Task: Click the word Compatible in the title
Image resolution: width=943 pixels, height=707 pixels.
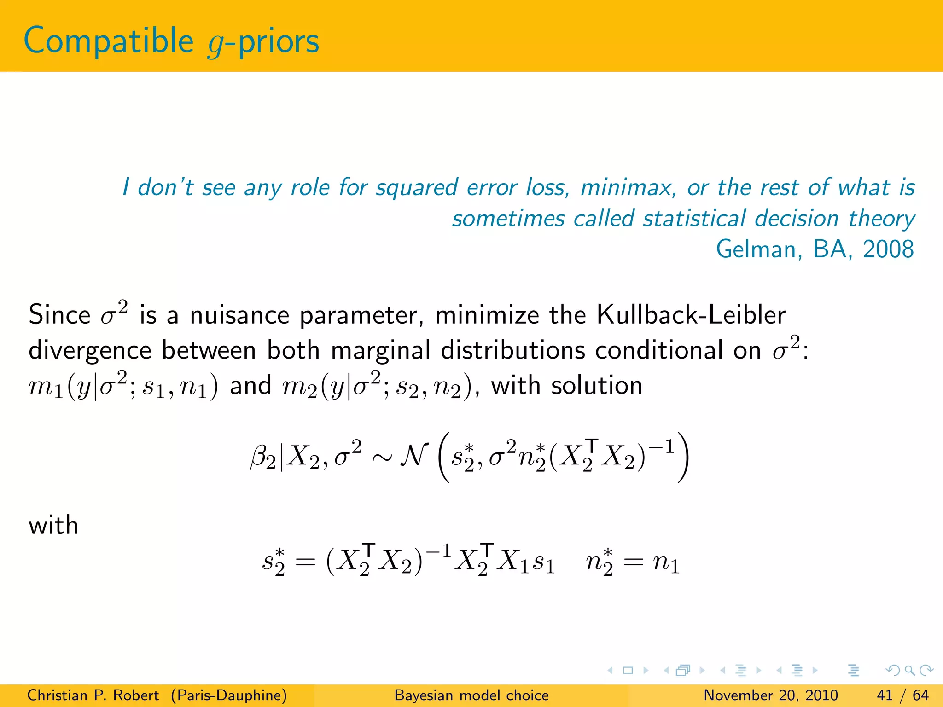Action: (109, 41)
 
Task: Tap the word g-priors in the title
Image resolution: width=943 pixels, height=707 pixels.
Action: (263, 42)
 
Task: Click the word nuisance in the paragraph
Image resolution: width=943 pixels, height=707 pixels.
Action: (239, 316)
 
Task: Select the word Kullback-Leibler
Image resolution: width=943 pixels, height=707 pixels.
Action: (691, 316)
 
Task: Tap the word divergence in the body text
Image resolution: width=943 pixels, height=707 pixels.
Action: (90, 351)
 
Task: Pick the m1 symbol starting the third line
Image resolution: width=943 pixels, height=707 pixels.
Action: (45, 387)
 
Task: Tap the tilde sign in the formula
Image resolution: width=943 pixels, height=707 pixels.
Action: (382, 457)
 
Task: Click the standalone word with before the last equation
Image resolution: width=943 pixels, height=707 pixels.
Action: (53, 526)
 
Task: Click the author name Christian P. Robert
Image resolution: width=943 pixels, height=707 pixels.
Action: (93, 695)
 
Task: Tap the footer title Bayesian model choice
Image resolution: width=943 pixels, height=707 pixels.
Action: (471, 695)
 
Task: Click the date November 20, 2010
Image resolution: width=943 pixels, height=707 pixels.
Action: (771, 695)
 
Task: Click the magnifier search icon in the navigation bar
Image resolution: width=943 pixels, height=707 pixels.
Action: (909, 670)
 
